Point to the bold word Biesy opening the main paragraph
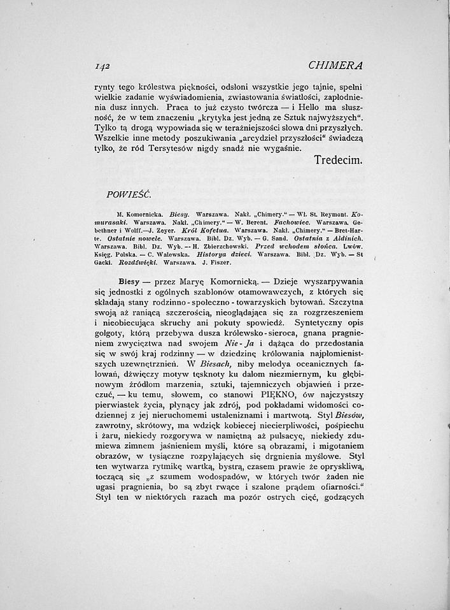[x=130, y=280]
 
